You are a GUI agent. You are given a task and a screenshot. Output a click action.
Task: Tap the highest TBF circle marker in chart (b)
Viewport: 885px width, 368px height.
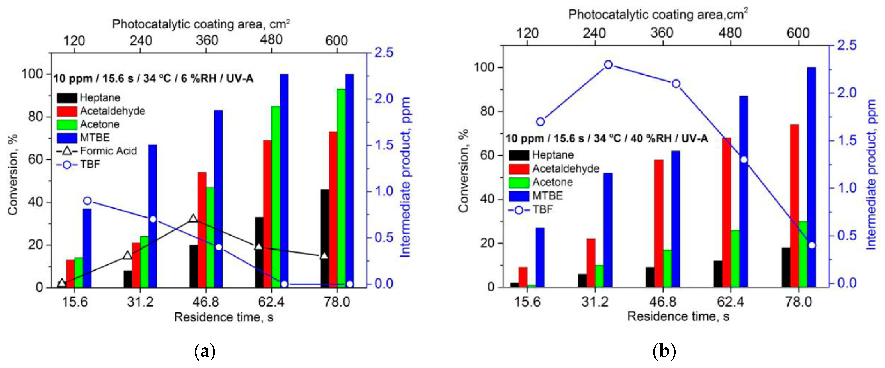[x=608, y=65]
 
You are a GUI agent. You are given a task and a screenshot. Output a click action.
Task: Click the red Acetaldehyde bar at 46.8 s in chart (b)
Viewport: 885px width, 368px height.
[x=659, y=223]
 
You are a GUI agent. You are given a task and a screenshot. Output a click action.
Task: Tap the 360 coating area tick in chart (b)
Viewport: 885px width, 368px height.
[x=662, y=33]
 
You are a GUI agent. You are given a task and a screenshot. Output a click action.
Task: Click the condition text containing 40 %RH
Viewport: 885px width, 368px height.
[x=606, y=138]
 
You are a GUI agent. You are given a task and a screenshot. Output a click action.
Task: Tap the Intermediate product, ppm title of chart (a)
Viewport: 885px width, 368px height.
[x=406, y=177]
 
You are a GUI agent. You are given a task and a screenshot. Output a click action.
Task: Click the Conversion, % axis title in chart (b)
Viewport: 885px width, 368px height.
[x=464, y=171]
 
